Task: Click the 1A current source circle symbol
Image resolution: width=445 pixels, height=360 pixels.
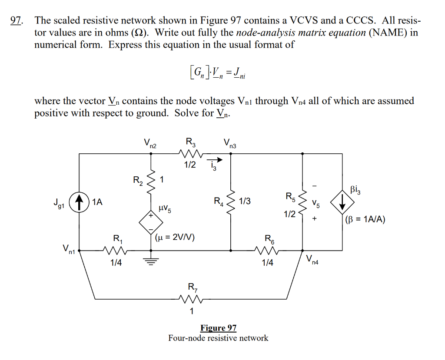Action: point(79,201)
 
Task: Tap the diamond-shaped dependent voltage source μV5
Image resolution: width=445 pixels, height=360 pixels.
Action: point(150,221)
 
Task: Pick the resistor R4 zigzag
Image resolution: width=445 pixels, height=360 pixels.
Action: point(230,201)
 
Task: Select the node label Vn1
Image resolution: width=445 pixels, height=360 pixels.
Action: point(69,250)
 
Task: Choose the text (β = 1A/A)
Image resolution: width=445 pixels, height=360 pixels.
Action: point(365,219)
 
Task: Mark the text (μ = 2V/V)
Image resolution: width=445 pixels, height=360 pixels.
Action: point(175,237)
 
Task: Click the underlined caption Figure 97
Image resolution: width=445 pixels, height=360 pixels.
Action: point(218,328)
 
